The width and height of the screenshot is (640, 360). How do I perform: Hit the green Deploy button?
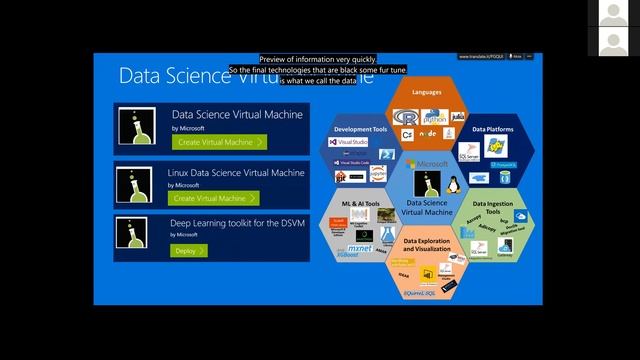[189, 250]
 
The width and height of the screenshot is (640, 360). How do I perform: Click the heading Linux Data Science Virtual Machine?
[235, 173]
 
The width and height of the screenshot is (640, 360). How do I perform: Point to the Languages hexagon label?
[426, 91]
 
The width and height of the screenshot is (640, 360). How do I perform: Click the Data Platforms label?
[492, 129]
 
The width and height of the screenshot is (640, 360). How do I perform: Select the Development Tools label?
[358, 129]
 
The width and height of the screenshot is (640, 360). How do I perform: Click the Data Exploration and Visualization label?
[427, 243]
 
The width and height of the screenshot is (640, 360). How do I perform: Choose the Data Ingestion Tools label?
[492, 206]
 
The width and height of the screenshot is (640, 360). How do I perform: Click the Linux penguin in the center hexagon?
[454, 183]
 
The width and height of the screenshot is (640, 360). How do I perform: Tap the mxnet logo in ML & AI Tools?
[359, 246]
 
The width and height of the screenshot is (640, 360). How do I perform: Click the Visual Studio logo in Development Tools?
[347, 142]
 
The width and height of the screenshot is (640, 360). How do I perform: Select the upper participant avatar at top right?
[612, 14]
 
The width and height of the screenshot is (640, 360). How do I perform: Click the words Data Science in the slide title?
[176, 75]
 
